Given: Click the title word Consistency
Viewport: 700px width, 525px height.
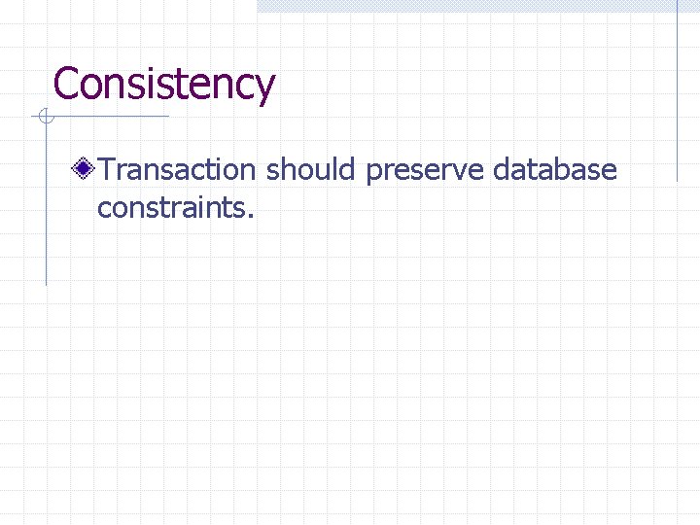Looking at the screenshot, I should point(164,84).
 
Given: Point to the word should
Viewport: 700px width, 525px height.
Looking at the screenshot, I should point(311,170).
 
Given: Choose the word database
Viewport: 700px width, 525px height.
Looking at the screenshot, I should point(554,170).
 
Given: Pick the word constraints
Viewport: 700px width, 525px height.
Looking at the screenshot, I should point(172,206).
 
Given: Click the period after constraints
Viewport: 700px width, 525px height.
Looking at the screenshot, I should point(251,214).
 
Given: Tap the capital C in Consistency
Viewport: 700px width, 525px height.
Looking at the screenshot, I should point(66,84).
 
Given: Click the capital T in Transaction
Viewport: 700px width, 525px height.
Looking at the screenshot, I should point(107,170).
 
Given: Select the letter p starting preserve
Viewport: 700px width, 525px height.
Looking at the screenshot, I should point(374,174).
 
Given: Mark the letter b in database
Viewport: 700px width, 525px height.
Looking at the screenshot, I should point(566,170).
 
